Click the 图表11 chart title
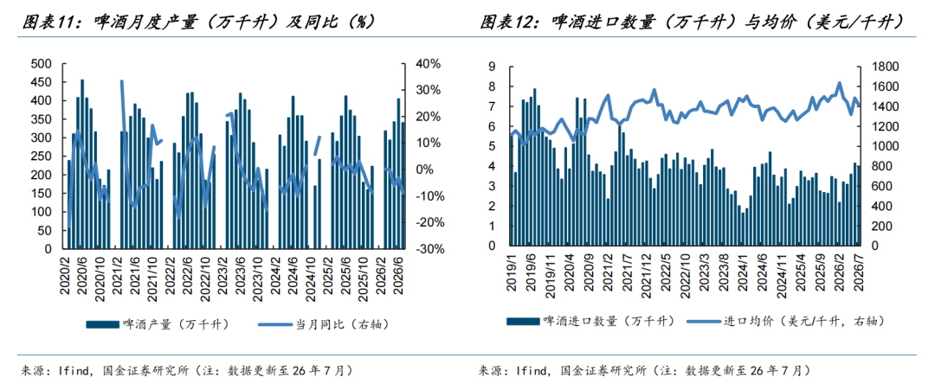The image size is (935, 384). (198, 22)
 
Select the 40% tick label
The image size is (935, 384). (426, 64)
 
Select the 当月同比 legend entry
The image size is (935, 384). (324, 323)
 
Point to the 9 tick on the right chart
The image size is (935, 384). (493, 67)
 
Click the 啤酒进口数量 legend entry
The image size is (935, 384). (591, 321)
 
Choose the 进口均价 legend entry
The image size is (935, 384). (785, 321)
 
